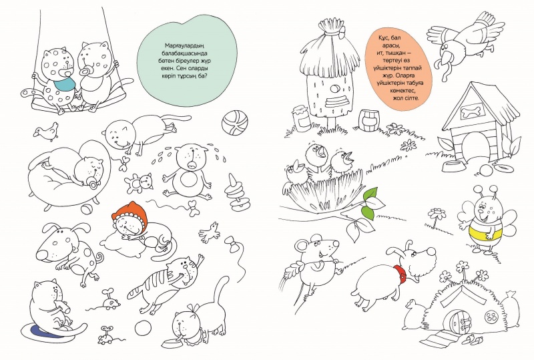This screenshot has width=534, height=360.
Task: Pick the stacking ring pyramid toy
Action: click(x=238, y=194)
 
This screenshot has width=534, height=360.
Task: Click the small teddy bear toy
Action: click(x=139, y=182)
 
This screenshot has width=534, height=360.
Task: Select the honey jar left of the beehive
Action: click(x=301, y=118)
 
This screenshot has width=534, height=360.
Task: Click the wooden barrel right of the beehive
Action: click(x=368, y=120)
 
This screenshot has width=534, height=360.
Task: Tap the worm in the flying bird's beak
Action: click(x=443, y=67)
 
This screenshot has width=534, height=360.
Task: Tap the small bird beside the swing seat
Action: click(x=47, y=132)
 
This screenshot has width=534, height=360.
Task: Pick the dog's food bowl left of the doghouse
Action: click(x=455, y=167)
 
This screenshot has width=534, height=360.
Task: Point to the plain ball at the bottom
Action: click(x=143, y=329)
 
